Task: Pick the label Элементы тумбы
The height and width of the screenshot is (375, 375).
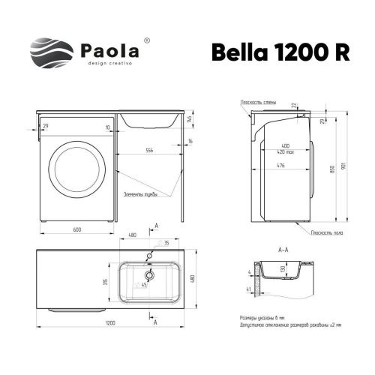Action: click(139, 194)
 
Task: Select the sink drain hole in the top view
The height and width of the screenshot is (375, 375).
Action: click(148, 275)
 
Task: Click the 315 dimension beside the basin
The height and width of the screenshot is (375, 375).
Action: click(107, 281)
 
